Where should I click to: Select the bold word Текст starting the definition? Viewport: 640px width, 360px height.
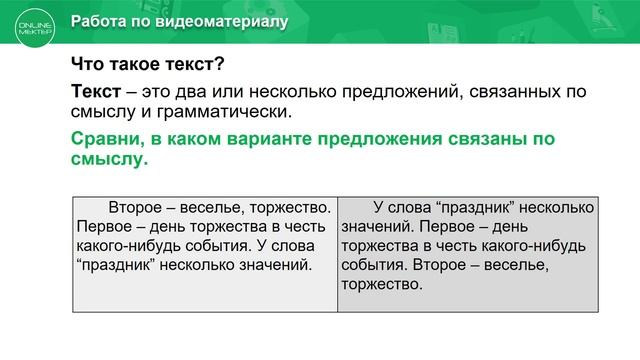tap(96, 92)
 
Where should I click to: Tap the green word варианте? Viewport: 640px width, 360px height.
tap(273, 139)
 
